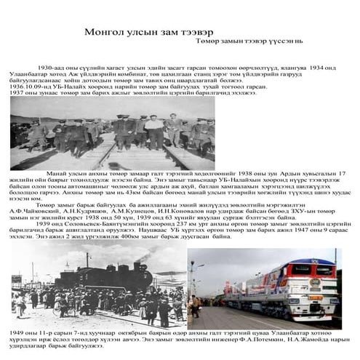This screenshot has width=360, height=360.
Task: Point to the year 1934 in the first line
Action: coord(318,67)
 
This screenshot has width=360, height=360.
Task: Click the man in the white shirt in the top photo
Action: coord(154,128)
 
